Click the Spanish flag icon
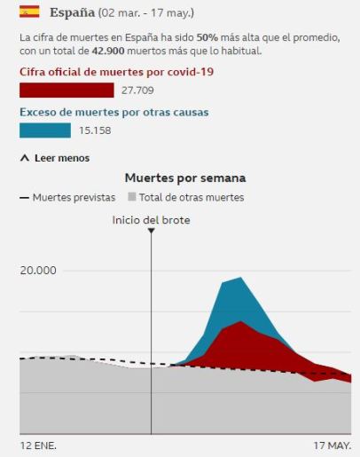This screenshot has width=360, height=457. [29, 12]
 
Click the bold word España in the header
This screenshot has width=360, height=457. [72, 13]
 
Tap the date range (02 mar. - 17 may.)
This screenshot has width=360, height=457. [145, 13]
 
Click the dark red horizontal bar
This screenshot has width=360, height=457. [67, 91]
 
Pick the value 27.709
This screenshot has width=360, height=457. [137, 91]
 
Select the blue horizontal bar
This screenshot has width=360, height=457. [45, 130]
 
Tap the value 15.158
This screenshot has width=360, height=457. [94, 131]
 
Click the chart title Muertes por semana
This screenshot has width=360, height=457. [185, 178]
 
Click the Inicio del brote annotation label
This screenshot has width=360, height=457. [151, 219]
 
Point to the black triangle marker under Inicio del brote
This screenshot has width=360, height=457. [152, 231]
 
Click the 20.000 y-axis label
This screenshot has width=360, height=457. [38, 270]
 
